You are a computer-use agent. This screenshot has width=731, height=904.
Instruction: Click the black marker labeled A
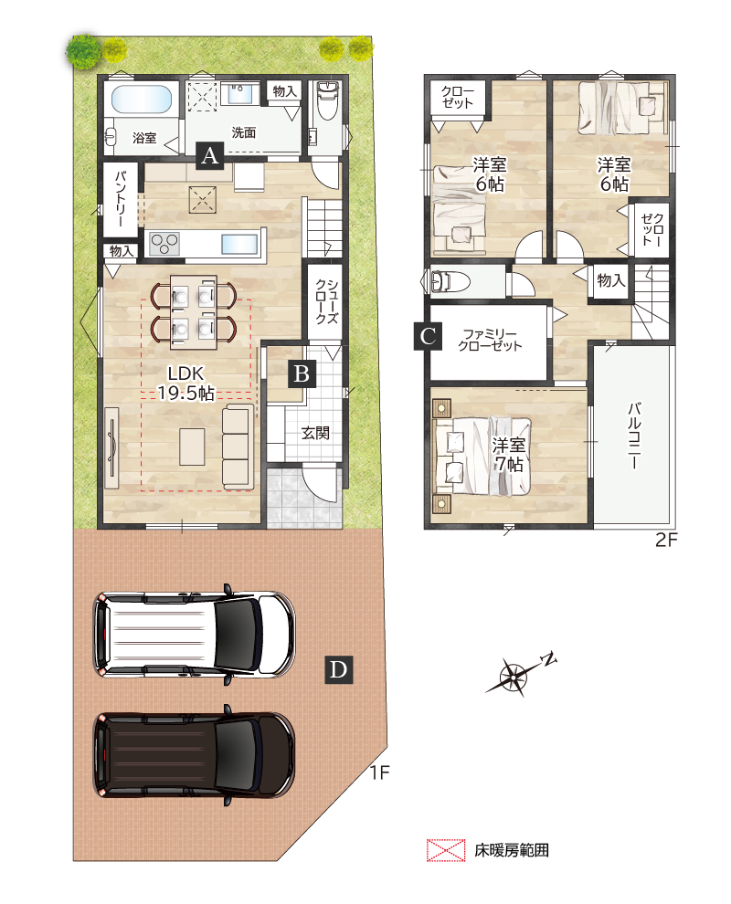[x=209, y=155]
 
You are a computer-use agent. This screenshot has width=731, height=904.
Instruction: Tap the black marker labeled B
[x=302, y=373]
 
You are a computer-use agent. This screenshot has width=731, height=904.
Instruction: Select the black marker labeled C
[x=429, y=335]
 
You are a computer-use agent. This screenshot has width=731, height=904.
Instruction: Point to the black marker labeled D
[x=339, y=669]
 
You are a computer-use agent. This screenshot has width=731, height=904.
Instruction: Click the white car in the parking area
[x=194, y=634]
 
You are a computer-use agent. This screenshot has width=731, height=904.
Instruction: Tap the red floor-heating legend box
[x=446, y=850]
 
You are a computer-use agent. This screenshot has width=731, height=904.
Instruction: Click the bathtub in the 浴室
[x=142, y=100]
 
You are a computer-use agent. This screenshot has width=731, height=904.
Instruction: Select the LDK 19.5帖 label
[x=185, y=383]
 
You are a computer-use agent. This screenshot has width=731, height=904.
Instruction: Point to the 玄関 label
[x=315, y=433]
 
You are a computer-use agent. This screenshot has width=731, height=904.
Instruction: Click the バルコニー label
[x=633, y=436]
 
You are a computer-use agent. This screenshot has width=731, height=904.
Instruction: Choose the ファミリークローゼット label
[x=490, y=340]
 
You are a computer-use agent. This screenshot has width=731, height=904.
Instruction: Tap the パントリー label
[x=120, y=198]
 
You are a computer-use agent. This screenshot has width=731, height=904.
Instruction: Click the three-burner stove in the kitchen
[x=164, y=243]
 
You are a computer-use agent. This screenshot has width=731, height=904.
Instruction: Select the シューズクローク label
[x=325, y=301]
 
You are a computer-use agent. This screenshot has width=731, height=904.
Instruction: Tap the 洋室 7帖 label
[x=509, y=455]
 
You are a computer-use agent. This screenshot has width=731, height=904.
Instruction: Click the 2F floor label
[x=666, y=540]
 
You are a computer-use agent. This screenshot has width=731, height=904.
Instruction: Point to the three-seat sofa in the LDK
[x=238, y=445]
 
